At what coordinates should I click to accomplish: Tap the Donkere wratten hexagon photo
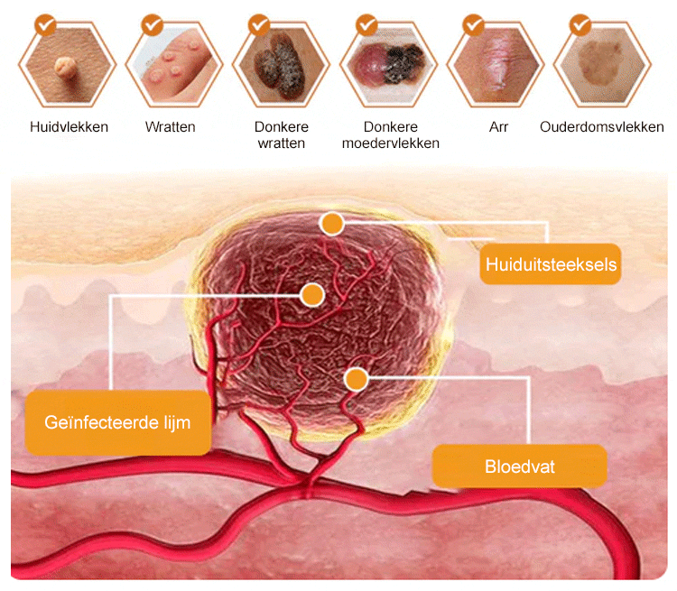pos(280,65)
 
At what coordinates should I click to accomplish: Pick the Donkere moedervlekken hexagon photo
pos(390,65)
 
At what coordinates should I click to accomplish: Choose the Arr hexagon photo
pos(498,65)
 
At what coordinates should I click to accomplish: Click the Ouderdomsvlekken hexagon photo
pos(602,65)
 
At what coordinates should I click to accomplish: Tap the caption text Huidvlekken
pos(69,127)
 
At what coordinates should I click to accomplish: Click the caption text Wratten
pos(170,127)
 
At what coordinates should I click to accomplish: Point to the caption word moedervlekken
pos(390,143)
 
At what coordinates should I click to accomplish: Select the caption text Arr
pos(498,127)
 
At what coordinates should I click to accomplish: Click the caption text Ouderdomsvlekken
pos(602,127)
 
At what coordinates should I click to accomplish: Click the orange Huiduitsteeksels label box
pos(551,264)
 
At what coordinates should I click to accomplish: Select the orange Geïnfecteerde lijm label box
pos(118,422)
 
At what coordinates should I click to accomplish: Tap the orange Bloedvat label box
pos(519,466)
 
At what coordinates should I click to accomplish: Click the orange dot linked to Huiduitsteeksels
pos(333,224)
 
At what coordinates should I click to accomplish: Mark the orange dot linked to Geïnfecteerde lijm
pos(312,294)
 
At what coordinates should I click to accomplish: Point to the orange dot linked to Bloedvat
pos(357,380)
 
